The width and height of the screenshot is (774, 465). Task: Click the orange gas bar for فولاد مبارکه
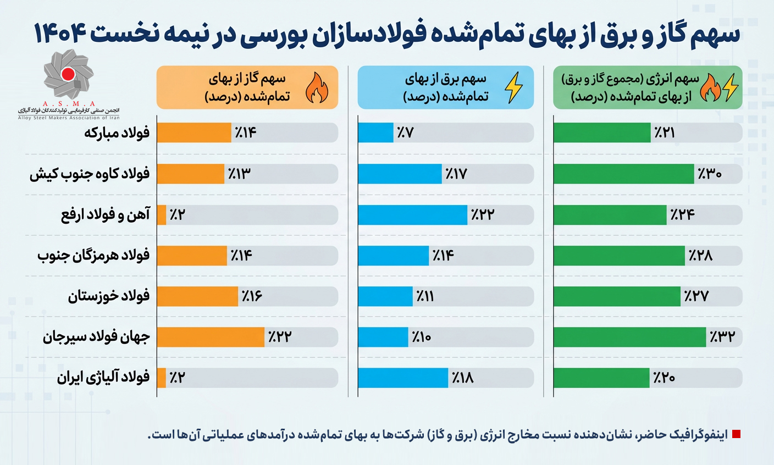click(x=193, y=132)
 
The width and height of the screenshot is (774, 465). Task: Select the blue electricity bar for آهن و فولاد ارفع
click(x=412, y=215)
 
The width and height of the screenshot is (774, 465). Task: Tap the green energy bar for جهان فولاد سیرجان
click(x=629, y=337)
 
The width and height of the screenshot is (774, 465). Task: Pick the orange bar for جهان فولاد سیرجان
click(x=211, y=337)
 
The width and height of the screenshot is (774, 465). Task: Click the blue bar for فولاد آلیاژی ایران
click(x=403, y=378)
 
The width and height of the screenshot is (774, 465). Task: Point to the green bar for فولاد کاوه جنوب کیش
click(x=623, y=174)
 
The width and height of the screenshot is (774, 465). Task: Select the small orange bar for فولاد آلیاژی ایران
click(x=162, y=378)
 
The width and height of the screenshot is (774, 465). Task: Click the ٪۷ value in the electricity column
click(x=405, y=132)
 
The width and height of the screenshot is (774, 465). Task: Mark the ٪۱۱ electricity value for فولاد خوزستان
click(x=425, y=296)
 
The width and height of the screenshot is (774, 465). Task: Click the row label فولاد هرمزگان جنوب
click(x=93, y=256)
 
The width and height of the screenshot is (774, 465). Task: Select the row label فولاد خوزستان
click(x=109, y=296)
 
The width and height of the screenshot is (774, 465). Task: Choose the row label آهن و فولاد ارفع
click(x=105, y=215)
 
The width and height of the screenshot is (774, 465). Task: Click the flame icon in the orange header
click(x=317, y=88)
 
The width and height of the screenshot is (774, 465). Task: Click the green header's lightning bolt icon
click(x=731, y=88)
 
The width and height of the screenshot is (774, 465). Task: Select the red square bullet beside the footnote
click(x=737, y=434)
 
